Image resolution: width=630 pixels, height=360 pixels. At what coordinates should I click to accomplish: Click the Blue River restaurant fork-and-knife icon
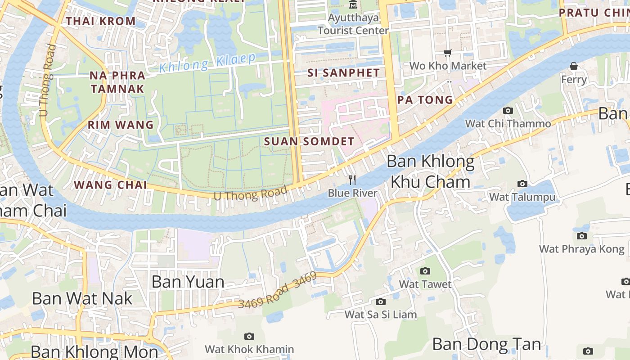(352, 180)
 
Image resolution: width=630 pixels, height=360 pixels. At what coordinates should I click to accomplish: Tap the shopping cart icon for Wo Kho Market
(448, 53)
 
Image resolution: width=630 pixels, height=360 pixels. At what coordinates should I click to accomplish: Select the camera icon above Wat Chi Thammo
(508, 111)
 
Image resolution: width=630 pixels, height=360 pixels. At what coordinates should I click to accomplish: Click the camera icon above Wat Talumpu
(522, 184)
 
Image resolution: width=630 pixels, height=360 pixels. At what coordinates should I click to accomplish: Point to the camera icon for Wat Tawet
(425, 271)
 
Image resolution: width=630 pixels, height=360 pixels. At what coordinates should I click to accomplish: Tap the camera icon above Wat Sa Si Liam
(381, 301)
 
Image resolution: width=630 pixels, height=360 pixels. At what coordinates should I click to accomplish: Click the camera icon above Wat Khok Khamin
(249, 336)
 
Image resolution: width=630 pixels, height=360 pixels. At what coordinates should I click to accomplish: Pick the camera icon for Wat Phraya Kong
(582, 236)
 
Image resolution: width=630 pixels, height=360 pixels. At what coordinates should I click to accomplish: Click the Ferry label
(574, 80)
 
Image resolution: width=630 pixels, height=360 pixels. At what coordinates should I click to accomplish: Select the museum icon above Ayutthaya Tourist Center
(353, 5)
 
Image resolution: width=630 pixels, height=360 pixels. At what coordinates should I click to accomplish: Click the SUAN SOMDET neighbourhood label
(309, 141)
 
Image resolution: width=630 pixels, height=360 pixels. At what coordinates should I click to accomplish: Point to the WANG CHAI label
(110, 185)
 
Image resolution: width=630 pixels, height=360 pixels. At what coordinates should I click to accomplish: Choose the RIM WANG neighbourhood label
(121, 125)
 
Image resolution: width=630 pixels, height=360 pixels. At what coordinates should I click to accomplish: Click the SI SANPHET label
(344, 72)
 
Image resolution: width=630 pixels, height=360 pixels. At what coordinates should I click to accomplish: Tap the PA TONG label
(425, 100)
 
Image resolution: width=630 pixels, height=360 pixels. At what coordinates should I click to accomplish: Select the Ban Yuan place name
(188, 282)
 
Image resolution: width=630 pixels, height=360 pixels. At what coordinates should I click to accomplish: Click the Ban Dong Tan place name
(486, 344)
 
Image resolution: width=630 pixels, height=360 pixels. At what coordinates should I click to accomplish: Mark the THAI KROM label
(100, 21)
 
